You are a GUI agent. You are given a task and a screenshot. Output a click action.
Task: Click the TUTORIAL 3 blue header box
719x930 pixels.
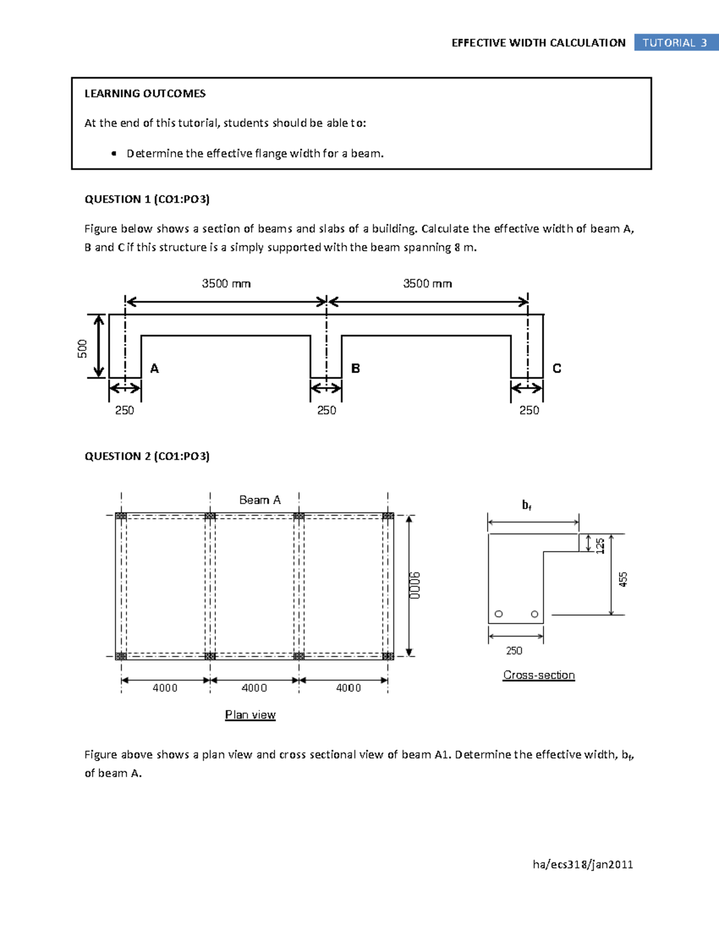(x=675, y=43)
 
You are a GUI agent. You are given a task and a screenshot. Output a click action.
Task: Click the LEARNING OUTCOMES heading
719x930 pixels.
(x=145, y=93)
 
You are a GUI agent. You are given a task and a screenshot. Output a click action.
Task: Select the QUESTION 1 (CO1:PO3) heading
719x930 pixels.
(x=147, y=199)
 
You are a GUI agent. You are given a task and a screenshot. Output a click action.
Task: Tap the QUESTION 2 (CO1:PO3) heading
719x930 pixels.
(x=147, y=456)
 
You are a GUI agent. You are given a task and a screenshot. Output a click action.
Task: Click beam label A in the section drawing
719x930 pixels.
(x=155, y=369)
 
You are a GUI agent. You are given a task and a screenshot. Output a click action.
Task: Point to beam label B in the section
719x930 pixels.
(x=355, y=369)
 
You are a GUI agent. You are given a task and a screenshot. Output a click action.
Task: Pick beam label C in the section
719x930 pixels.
(x=557, y=369)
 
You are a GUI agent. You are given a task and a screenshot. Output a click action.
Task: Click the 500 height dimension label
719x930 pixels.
(x=82, y=349)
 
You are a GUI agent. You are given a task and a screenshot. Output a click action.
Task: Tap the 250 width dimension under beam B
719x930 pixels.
(x=327, y=410)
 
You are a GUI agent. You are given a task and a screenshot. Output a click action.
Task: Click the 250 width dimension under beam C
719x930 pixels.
(x=529, y=410)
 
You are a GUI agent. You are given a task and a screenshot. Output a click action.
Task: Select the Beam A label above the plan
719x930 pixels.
(x=259, y=500)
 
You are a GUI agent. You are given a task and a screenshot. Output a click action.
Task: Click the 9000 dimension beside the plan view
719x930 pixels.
(x=415, y=585)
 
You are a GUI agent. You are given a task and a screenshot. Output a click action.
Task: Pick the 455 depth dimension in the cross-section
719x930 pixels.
(x=623, y=579)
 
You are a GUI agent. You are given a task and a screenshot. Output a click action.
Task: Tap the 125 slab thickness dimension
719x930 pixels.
(x=600, y=545)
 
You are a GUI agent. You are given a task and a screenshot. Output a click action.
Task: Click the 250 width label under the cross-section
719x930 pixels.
(x=514, y=651)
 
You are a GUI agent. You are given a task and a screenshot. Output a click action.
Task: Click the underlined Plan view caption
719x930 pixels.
(x=250, y=714)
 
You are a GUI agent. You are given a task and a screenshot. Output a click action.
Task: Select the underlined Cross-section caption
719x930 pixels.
(x=539, y=675)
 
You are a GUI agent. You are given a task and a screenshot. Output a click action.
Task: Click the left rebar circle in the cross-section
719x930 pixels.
(x=499, y=614)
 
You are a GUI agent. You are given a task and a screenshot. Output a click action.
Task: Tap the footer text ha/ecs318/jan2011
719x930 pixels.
(x=582, y=864)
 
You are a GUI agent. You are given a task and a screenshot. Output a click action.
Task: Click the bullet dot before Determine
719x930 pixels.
(x=114, y=154)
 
